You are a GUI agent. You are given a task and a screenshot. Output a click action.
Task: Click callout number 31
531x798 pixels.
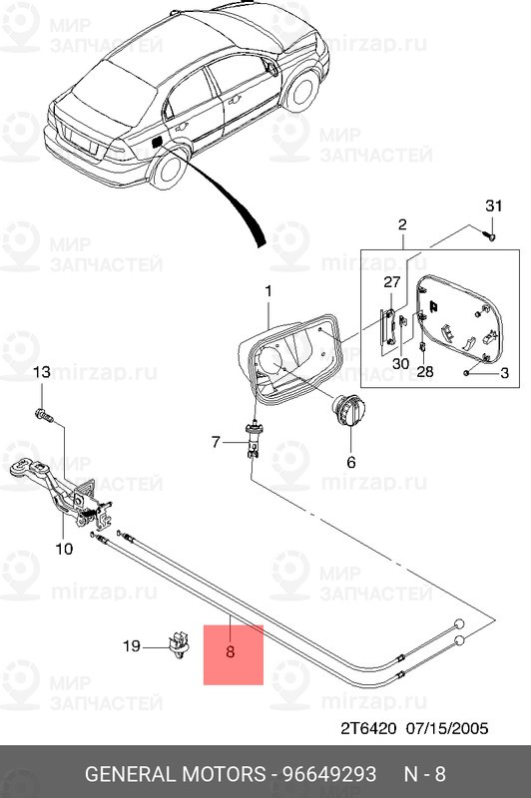coord(490,205)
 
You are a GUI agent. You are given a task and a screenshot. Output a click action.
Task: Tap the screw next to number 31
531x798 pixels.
coord(490,235)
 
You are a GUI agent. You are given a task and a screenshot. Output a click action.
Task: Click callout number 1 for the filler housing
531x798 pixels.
coord(267,290)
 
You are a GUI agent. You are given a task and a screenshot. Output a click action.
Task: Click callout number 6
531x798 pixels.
coord(350,462)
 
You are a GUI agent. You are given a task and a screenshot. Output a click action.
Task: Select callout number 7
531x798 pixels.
coord(215,440)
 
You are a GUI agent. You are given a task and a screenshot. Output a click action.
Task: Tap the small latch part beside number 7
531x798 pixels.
coord(253,440)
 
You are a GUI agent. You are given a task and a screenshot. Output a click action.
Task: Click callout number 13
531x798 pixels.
coord(41,372)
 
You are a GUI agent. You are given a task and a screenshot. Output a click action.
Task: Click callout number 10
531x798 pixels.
coord(63,548)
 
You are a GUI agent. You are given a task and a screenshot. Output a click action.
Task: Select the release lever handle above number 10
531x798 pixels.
coord(30,469)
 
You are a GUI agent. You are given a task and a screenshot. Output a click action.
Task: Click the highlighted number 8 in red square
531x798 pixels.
coord(231,654)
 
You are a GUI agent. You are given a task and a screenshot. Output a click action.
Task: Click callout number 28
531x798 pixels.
coord(425,372)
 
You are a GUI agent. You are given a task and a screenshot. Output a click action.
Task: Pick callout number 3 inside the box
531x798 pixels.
coord(504,373)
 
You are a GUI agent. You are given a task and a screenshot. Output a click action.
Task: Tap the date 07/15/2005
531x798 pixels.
coord(448,727)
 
